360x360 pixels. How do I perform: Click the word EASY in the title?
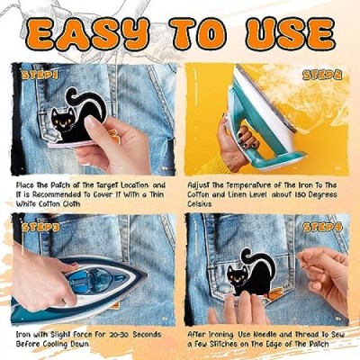pos(86,34)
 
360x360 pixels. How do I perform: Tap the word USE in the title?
pos(290,34)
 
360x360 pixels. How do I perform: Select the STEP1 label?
pos(40,76)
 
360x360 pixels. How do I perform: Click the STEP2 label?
pos(322,75)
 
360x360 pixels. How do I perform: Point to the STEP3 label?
pos(40,228)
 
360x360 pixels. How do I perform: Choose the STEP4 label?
pos(322,227)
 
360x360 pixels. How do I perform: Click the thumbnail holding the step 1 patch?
pos(91,122)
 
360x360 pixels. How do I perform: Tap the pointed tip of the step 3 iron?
pos(147,274)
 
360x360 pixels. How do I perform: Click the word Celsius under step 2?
pos(200,203)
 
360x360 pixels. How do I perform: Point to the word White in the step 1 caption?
pos(26,203)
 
